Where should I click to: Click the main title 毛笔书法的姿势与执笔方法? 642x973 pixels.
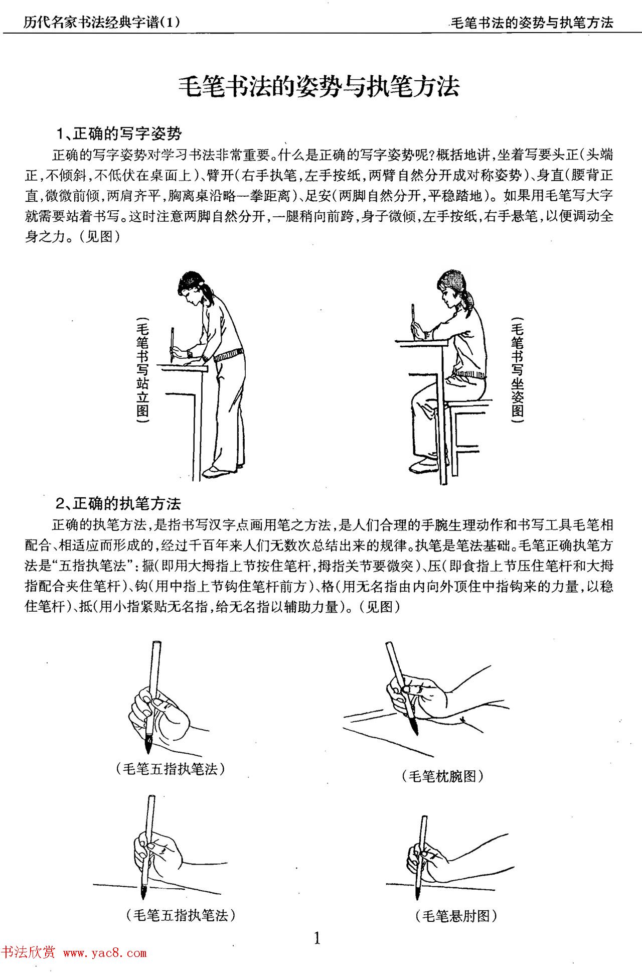pyautogui.click(x=319, y=86)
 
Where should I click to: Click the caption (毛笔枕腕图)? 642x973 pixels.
pyautogui.click(x=442, y=777)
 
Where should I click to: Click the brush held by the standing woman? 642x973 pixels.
pyautogui.click(x=172, y=344)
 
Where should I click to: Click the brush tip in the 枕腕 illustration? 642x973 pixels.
pyautogui.click(x=415, y=729)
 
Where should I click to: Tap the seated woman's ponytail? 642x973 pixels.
pyautogui.click(x=469, y=301)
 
